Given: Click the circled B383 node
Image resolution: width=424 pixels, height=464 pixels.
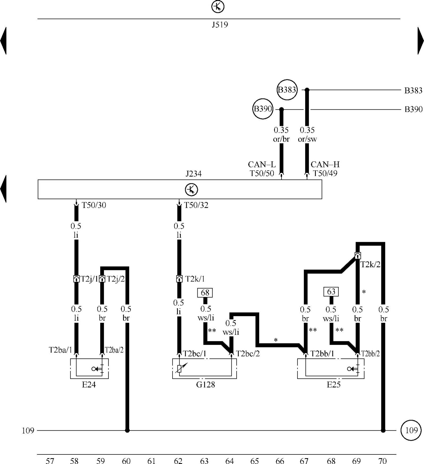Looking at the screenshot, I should point(287,90).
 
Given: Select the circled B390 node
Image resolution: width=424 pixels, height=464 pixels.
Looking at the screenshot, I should point(263,109).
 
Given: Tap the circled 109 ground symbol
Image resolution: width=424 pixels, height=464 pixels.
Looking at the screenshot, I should point(411,430).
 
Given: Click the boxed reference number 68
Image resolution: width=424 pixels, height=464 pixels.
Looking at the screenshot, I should point(205,293).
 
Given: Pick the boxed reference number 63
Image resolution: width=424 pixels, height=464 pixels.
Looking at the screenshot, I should point(331,292).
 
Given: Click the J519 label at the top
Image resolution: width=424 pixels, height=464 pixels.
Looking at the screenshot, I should point(220,25).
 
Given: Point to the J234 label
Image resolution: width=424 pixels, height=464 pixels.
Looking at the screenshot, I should point(193,174).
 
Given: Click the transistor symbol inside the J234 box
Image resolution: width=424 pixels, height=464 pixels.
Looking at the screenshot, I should point(191,190).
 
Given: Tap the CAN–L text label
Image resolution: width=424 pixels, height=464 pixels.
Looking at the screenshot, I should point(262,165).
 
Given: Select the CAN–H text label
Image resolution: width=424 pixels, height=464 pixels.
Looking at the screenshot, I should point(325,165).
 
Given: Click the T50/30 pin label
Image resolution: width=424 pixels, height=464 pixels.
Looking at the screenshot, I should point(94,205).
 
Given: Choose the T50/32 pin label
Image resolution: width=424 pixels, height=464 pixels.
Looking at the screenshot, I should point(196,205).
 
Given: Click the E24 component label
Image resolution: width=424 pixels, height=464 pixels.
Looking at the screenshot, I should point(89,385).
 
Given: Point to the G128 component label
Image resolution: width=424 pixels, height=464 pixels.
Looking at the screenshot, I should point(205,385).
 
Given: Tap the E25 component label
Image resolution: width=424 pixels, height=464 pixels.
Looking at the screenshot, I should point(334,385).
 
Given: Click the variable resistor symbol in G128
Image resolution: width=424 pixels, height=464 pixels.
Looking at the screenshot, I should point(180,368).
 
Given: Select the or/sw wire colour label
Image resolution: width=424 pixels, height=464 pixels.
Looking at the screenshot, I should point(307,139).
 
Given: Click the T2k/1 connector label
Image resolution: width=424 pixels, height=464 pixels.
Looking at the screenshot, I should point(195,279).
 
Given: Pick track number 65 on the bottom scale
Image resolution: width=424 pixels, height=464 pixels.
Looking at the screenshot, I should point(254,461).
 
